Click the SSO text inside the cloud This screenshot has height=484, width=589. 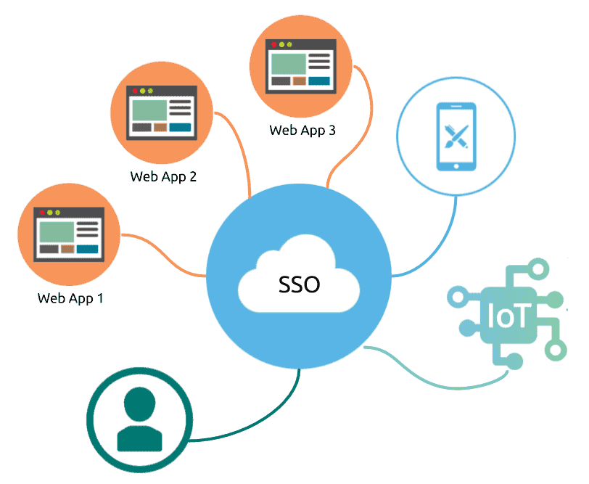[x=299, y=284]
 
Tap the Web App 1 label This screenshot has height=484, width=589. [x=70, y=298]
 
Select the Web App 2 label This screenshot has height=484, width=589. [x=163, y=176]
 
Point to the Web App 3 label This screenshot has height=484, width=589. [x=302, y=131]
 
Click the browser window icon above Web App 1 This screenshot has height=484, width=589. [x=69, y=234]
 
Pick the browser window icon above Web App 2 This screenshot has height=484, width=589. [x=162, y=112]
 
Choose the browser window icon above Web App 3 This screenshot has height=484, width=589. [x=301, y=66]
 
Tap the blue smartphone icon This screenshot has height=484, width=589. [x=456, y=136]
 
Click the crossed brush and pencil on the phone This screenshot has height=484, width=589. [x=456, y=136]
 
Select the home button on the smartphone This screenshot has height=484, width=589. [x=456, y=166]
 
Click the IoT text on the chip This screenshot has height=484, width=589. [x=508, y=315]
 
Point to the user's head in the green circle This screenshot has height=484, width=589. [x=139, y=404]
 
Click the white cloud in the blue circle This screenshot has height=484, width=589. [x=299, y=274]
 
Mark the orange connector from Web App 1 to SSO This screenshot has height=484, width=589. [x=164, y=255]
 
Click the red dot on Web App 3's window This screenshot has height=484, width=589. [x=274, y=44]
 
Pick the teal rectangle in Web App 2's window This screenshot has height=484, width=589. [x=180, y=128]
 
